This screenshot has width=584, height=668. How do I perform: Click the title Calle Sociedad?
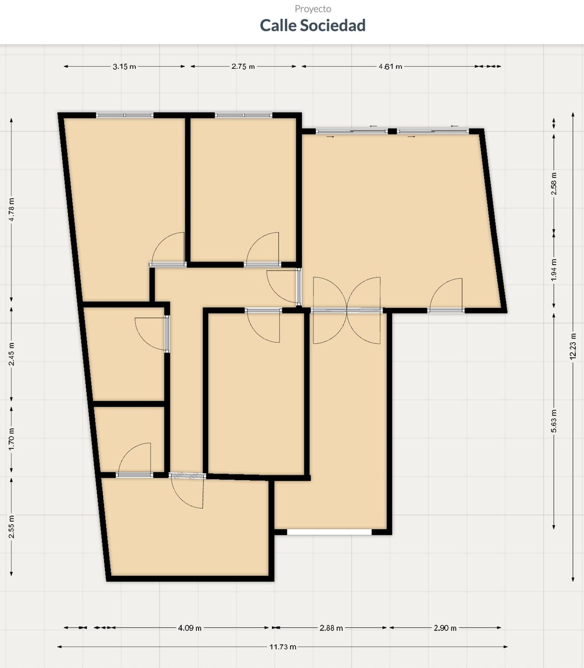pos(313,26)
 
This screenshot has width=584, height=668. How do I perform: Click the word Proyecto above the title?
pos(313,9)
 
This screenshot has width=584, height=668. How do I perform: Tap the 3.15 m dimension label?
pos(125,66)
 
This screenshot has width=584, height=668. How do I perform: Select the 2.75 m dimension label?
pos(243,66)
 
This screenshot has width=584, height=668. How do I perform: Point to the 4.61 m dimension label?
pos(391,66)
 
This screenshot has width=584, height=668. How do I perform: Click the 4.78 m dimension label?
pos(11,210)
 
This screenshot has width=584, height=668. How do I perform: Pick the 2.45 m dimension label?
pos(12,354)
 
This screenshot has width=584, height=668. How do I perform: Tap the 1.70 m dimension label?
pos(12,439)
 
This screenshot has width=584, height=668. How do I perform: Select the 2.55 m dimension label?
pos(12,527)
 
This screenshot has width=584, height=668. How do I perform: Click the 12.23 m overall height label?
pos(573,347)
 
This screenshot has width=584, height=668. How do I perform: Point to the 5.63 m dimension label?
pos(554,421)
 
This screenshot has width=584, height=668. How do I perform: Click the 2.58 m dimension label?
pos(554,184)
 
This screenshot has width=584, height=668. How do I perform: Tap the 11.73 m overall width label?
pos(283,647)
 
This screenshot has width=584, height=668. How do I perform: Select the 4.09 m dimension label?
pos(190,628)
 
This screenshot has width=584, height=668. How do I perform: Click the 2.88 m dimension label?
pos(331,628)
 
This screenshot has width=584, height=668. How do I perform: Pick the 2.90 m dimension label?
pos(445,628)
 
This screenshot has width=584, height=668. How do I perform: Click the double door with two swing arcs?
pos(347,310)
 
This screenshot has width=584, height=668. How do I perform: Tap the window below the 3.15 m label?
pos(125,115)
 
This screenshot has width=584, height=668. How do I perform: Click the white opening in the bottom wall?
pos(329,532)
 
